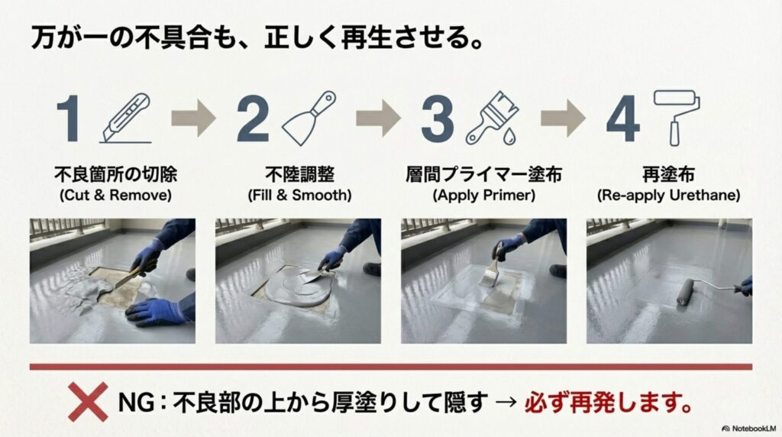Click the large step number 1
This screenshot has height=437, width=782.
[69, 119]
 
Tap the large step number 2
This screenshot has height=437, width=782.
[253, 119]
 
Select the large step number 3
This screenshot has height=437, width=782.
[438, 119]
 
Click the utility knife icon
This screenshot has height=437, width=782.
[128, 118]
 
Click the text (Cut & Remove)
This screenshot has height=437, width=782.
[115, 196]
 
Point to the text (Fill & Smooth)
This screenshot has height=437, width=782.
[300, 196]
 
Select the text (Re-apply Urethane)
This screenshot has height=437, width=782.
[668, 196]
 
